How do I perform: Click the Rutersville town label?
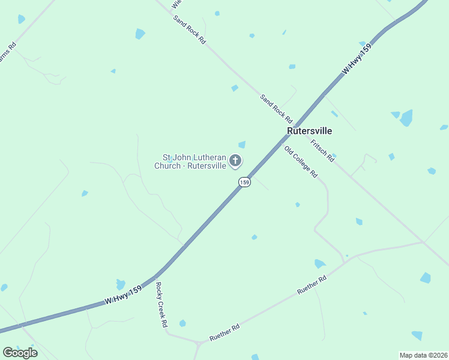(309, 130)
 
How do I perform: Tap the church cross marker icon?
(235, 160)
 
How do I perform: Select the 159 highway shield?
(244, 182)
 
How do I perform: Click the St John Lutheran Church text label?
(190, 161)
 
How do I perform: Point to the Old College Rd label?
(301, 162)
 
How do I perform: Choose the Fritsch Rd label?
(322, 151)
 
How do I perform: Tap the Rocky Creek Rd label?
(161, 305)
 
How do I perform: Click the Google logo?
(20, 352)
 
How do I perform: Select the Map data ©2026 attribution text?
(423, 355)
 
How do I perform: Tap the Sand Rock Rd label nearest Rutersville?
(276, 108)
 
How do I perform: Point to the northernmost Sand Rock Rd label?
(190, 29)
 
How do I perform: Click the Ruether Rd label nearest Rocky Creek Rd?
(224, 333)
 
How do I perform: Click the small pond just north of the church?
(242, 145)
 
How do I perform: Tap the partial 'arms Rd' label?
(7, 54)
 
